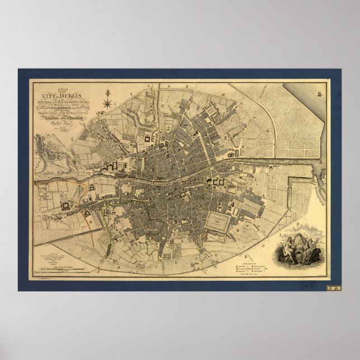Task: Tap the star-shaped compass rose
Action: pos(108,102)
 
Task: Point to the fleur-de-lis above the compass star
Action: pos(108,92)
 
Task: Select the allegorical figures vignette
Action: pos(302,248)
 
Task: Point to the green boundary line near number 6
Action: pos(107,224)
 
